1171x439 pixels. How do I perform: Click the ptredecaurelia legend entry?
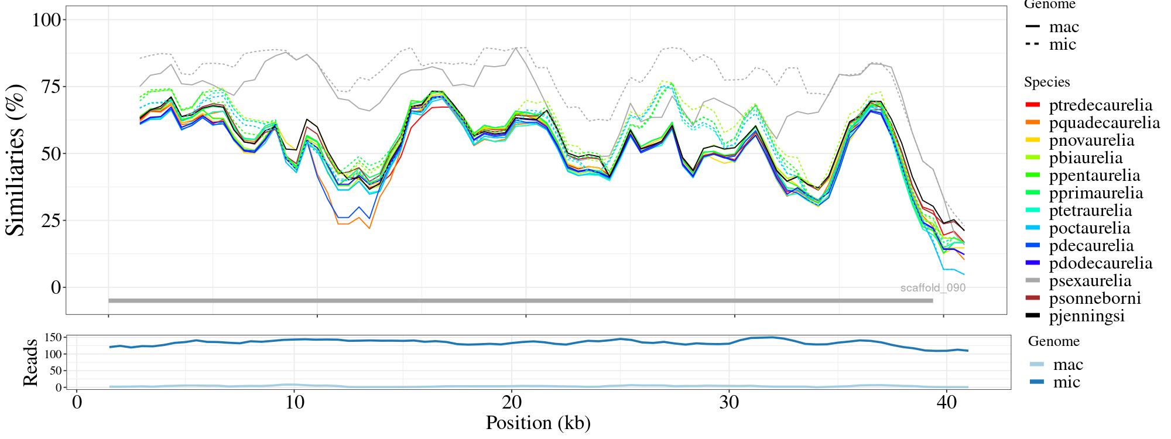click(1101, 105)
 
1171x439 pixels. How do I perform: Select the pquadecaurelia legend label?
click(1104, 123)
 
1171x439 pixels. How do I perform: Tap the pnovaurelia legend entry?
click(1091, 140)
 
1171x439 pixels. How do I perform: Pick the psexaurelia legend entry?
click(1090, 281)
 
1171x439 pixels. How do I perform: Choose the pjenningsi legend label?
click(1087, 316)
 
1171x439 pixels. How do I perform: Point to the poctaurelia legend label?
click(1090, 228)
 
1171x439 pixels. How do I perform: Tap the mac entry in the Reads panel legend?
click(1068, 365)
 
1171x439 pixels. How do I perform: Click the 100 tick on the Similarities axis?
click(46, 20)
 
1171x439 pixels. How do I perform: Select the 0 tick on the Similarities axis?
click(56, 287)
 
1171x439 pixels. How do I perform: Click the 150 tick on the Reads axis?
click(53, 337)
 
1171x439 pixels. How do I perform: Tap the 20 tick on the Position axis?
click(512, 404)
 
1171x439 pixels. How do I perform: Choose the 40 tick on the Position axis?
click(946, 404)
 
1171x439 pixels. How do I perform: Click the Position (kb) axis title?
click(538, 423)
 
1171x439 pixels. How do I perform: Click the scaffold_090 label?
click(933, 288)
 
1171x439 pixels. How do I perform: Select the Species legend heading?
click(1047, 82)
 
